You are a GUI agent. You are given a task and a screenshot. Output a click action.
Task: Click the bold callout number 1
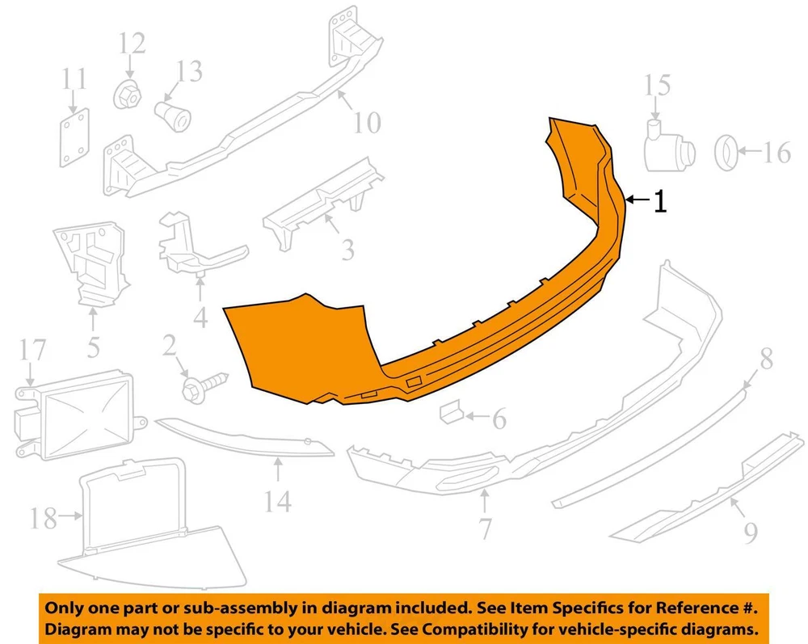click(660, 201)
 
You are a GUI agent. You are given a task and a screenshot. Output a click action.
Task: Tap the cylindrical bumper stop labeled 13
click(173, 116)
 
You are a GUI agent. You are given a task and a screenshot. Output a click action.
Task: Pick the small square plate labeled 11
click(74, 137)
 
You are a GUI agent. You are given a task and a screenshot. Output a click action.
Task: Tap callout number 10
click(367, 123)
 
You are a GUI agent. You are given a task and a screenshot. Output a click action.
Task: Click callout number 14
click(278, 501)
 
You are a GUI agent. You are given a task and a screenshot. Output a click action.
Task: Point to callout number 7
click(485, 528)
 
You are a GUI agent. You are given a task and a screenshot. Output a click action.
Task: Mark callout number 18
click(43, 518)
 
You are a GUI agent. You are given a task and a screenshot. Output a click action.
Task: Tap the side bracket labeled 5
click(91, 264)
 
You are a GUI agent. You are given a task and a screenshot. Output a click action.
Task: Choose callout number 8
click(766, 358)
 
